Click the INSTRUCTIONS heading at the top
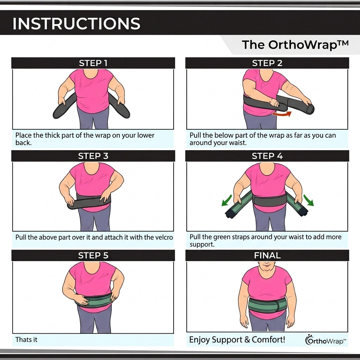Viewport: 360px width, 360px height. pyautogui.click(x=76, y=24)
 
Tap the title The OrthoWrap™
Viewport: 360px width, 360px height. pyautogui.click(x=295, y=45)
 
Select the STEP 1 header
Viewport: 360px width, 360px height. pyautogui.click(x=93, y=63)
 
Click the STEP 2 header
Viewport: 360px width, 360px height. pyautogui.click(x=267, y=63)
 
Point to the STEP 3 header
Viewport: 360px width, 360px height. pyautogui.click(x=93, y=156)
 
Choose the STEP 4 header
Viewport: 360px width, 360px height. pyautogui.click(x=267, y=156)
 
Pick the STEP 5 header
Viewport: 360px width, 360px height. pyautogui.click(x=93, y=256)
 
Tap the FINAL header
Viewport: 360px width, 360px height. pyautogui.click(x=267, y=256)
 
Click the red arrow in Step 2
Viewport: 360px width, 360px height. pyautogui.click(x=282, y=114)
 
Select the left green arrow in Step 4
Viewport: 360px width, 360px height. pyautogui.click(x=227, y=200)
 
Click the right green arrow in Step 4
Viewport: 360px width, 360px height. pyautogui.click(x=309, y=200)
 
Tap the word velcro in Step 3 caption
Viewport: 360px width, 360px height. pyautogui.click(x=163, y=237)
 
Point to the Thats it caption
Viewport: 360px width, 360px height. pyautogui.click(x=26, y=340)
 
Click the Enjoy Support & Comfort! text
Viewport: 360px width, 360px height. pyautogui.click(x=237, y=340)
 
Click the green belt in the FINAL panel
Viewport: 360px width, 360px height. pyautogui.click(x=268, y=306)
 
